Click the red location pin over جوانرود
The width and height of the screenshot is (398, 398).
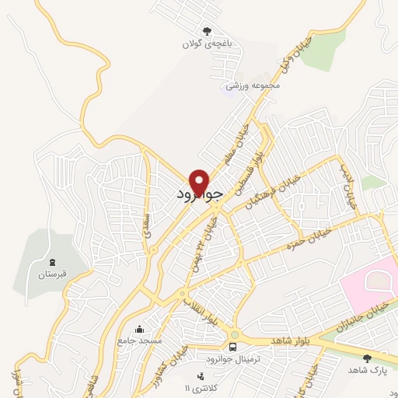[200, 182]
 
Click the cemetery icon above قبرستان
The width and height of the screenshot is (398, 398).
[52, 262]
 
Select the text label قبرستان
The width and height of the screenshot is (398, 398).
[53, 274]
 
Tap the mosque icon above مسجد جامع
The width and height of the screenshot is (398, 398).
[139, 329]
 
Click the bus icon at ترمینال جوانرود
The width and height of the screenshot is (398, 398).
[233, 345]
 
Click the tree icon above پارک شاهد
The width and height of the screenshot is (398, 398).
[366, 358]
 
